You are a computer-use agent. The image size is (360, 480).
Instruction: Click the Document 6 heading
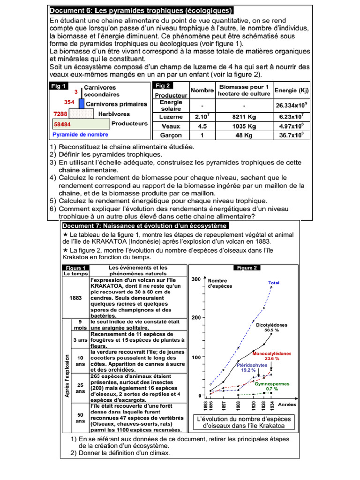141,11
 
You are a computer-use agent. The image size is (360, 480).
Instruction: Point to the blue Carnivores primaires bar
82,104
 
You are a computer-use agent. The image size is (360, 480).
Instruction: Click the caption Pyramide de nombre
80,135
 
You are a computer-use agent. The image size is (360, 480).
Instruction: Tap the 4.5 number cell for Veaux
202,126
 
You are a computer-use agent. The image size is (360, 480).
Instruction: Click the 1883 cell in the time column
75,297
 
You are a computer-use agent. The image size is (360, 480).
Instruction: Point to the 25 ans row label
81,388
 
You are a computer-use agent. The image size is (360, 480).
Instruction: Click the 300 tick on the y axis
196,279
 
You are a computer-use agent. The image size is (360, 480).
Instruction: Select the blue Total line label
274,283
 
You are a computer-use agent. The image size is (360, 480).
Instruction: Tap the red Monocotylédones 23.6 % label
272,356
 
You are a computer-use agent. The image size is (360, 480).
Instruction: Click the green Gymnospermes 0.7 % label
272,386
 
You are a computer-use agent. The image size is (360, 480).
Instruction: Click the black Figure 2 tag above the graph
247,268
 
